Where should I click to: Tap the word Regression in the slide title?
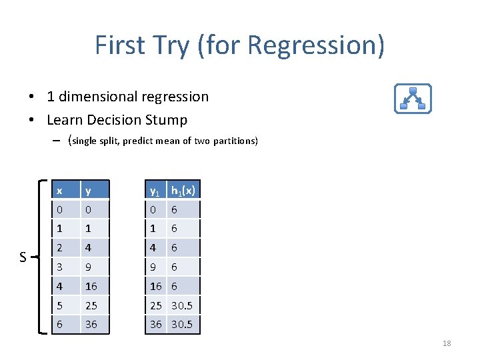pyautogui.click(x=316, y=45)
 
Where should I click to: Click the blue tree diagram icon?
pyautogui.click(x=413, y=97)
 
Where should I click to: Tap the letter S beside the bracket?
pyautogui.click(x=23, y=257)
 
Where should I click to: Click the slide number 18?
pyautogui.click(x=447, y=343)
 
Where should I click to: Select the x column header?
pyautogui.click(x=59, y=191)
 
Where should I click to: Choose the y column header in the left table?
pyautogui.click(x=87, y=191)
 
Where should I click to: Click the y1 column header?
pyautogui.click(x=155, y=191)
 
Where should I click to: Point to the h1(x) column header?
pyautogui.click(x=183, y=191)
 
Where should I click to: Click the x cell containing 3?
pyautogui.click(x=59, y=267)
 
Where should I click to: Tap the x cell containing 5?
pyautogui.click(x=59, y=305)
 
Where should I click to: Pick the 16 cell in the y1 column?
pyautogui.click(x=156, y=286)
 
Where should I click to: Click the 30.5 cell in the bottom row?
pyautogui.click(x=183, y=325)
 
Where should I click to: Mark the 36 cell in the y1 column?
pyautogui.click(x=156, y=325)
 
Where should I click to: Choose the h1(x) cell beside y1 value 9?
pyautogui.click(x=175, y=267)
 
